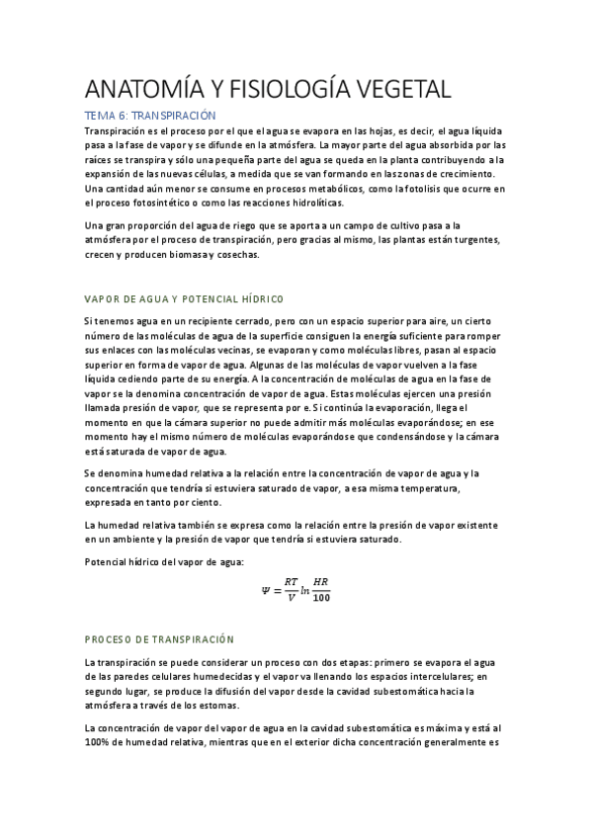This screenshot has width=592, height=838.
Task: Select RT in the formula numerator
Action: (x=291, y=581)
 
